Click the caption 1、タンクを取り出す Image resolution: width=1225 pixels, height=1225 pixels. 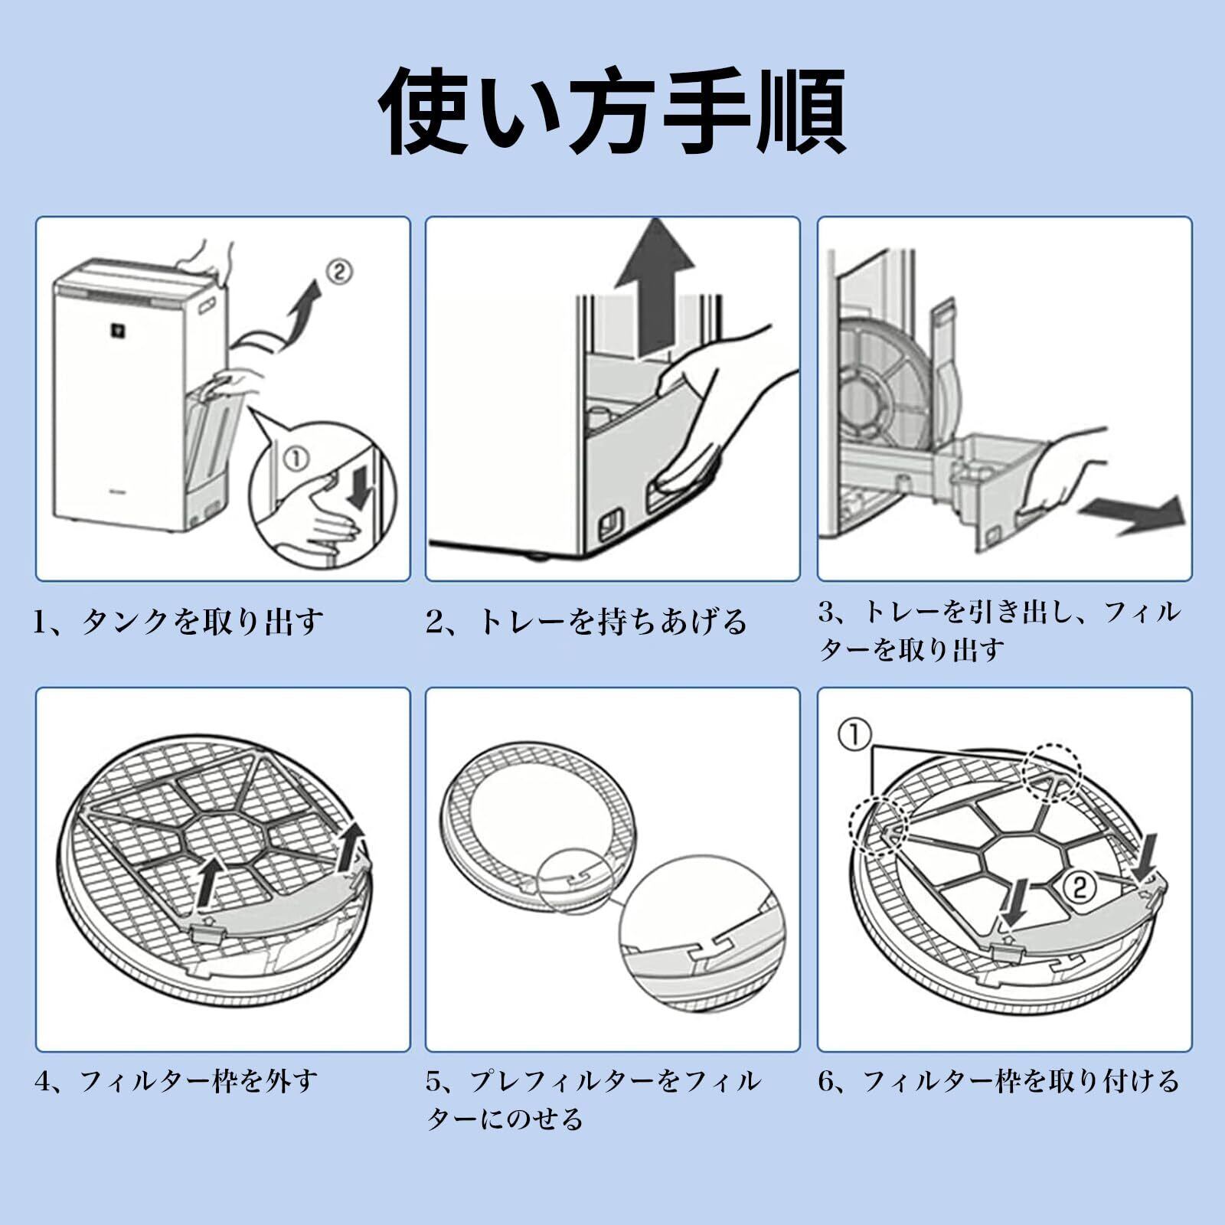(x=178, y=621)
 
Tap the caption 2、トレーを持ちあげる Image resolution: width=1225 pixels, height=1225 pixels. (x=586, y=621)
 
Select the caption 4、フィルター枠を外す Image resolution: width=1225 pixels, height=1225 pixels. (x=176, y=1081)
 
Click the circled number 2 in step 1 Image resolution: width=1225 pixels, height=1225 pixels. (x=339, y=271)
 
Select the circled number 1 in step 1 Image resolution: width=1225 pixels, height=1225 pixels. (x=296, y=459)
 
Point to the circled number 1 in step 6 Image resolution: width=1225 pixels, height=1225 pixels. (x=854, y=736)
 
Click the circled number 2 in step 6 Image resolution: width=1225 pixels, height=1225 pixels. (x=1078, y=887)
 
